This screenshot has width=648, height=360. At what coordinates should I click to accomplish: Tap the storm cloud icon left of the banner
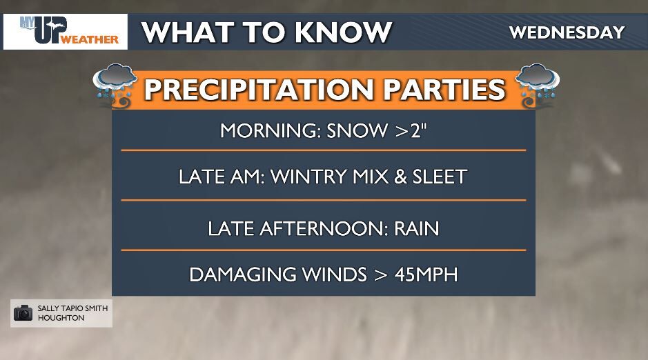point(114,84)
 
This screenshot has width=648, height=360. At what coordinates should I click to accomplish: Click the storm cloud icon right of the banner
point(538,84)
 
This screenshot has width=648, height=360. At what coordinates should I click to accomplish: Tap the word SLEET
point(434,177)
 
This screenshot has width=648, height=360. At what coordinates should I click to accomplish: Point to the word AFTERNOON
point(322,228)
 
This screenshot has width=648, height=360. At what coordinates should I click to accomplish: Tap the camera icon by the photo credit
point(23,312)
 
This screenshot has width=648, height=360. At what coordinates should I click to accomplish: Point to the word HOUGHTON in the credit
point(60,318)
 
